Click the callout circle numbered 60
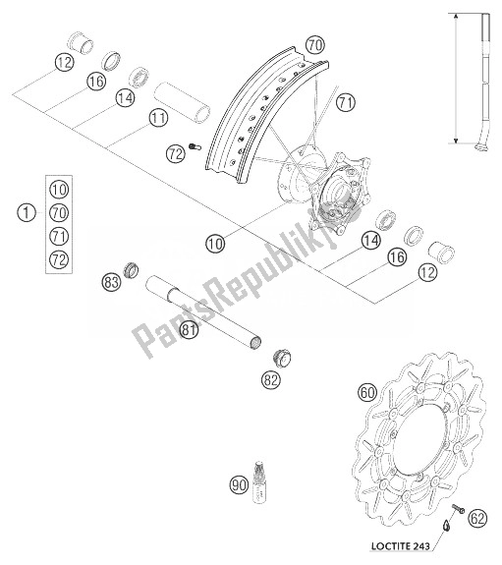(x=367, y=392)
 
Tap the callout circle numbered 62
(x=477, y=519)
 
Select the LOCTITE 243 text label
(x=401, y=546)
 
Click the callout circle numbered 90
(x=240, y=484)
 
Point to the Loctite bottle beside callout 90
(x=258, y=481)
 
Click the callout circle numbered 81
(x=190, y=329)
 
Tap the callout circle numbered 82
(x=271, y=379)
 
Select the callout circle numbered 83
(x=111, y=282)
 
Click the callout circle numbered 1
(x=27, y=212)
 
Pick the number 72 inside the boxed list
(x=59, y=259)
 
